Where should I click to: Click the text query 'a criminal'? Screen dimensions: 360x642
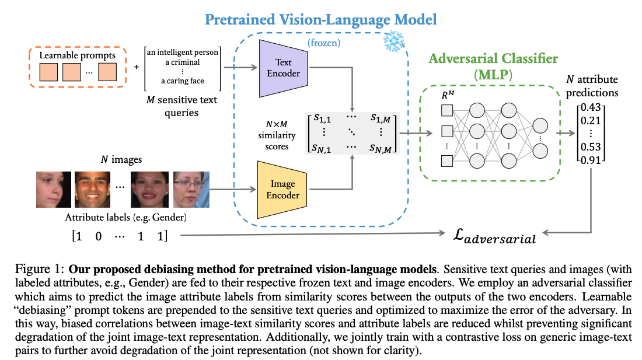(x=182, y=62)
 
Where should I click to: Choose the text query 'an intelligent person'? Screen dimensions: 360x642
(x=182, y=53)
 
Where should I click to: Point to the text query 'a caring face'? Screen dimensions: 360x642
(x=182, y=81)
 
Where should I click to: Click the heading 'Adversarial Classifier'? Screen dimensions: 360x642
(x=493, y=58)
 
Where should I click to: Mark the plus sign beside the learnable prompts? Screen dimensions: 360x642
(x=137, y=67)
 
